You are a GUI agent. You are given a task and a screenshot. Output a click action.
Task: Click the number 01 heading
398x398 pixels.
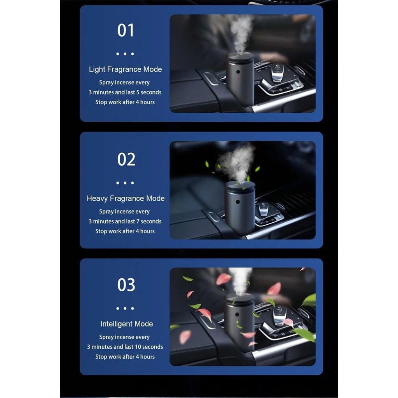126,30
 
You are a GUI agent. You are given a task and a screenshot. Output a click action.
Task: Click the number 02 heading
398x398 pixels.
126,159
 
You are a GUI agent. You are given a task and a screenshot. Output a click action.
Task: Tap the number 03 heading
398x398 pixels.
126,285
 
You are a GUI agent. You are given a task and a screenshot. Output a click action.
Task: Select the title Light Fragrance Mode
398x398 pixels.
125,70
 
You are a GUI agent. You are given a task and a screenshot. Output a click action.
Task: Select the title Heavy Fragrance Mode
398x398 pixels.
126,199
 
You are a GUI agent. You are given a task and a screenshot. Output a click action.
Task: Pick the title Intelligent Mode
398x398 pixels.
127,324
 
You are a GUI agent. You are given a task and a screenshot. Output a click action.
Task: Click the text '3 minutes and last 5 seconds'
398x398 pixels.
125,93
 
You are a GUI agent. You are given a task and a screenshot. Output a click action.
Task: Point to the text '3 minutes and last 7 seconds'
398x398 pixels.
125,222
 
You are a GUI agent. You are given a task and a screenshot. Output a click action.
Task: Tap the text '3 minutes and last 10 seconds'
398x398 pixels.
125,347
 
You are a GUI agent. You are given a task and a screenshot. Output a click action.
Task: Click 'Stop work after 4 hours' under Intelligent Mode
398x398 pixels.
125,357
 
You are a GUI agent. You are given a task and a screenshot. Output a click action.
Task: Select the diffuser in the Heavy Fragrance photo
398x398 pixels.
240,208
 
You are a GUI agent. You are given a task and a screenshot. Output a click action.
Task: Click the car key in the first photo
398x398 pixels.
278,73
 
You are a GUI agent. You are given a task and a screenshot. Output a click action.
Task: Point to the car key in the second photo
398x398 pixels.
264,209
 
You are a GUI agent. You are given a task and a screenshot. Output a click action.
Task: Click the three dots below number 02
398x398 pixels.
125,183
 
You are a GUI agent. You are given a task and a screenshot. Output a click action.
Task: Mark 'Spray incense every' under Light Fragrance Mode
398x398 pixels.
124,83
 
